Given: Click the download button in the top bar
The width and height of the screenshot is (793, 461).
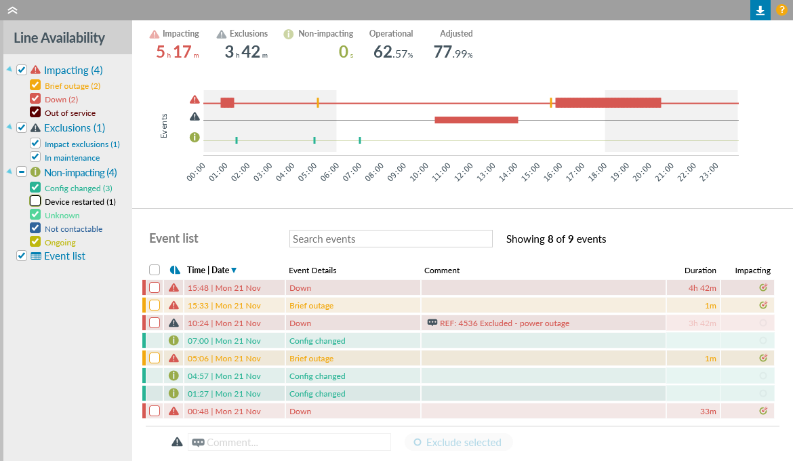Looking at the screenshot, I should (x=760, y=10).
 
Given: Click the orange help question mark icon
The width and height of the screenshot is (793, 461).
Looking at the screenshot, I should (x=781, y=10).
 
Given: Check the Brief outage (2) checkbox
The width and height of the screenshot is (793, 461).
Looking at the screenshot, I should (x=35, y=86).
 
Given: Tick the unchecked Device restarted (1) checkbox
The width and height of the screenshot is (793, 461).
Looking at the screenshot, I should (x=35, y=201).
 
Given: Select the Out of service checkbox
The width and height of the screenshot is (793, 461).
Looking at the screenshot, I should (x=35, y=113).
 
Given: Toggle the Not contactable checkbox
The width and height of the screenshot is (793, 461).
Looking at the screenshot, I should (x=35, y=228).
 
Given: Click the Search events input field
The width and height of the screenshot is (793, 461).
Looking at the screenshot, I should (x=391, y=239).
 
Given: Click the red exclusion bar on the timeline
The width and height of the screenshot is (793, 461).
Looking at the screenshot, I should (x=476, y=120).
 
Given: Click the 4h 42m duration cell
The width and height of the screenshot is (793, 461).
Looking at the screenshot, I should (x=693, y=288).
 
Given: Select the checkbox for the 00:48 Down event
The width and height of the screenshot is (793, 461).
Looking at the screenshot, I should (x=155, y=411).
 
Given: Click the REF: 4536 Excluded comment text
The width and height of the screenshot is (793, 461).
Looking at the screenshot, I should (x=504, y=323).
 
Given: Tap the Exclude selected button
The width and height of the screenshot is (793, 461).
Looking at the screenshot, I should (x=458, y=443).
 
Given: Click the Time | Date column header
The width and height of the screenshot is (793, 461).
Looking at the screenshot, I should (x=208, y=270).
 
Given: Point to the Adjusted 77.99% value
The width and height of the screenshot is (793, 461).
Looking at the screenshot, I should (x=453, y=52).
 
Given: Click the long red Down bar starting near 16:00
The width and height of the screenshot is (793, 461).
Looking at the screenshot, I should (x=607, y=102).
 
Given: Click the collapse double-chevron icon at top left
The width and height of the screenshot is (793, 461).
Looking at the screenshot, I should (x=12, y=9).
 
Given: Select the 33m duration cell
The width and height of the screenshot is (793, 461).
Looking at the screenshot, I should (x=693, y=412).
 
